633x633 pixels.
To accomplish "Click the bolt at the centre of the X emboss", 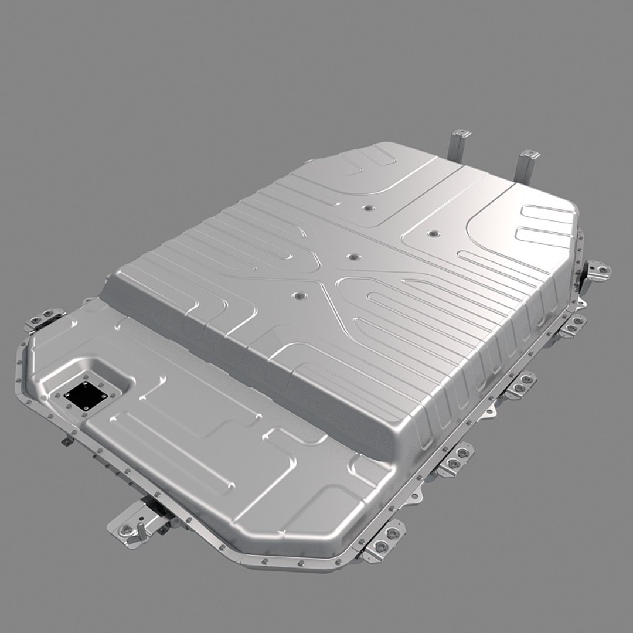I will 353,257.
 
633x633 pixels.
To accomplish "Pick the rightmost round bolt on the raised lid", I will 433,234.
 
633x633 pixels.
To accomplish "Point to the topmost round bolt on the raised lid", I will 368,208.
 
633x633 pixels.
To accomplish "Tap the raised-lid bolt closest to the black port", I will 301,298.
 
